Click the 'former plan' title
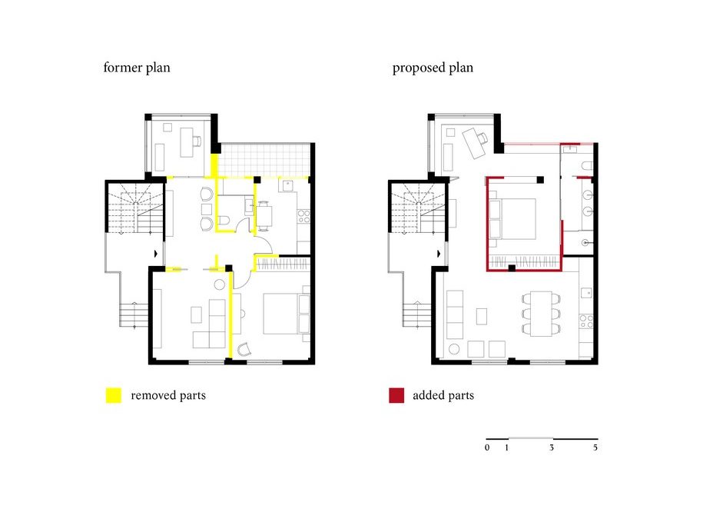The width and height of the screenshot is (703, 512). click(137, 68)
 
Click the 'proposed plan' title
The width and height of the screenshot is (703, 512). click(433, 68)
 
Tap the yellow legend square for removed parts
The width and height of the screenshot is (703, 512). click(114, 395)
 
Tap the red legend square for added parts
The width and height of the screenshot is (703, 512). click(396, 395)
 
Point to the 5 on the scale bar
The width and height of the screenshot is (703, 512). click(595, 447)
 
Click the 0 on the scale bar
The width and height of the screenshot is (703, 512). click(487, 447)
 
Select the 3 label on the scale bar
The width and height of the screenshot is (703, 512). click(552, 447)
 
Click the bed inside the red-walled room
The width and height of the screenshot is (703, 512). click(513, 219)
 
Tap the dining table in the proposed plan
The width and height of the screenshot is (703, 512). click(541, 314)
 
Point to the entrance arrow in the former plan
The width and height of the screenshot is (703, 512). click(156, 254)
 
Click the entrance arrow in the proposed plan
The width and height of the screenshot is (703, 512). click(439, 254)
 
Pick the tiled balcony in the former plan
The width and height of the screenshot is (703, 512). click(264, 160)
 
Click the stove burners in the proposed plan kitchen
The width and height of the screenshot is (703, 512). click(586, 321)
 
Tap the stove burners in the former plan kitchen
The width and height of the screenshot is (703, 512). click(303, 216)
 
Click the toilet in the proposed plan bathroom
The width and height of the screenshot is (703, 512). click(587, 165)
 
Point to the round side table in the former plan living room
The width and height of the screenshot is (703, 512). click(219, 284)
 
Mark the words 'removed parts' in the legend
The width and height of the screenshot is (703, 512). click(168, 395)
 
